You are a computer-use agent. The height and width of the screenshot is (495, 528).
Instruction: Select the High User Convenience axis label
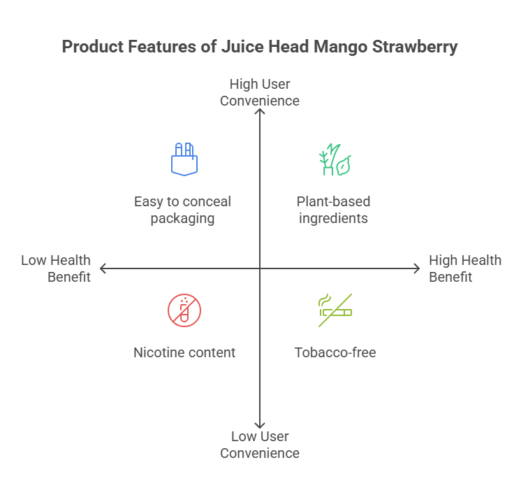(260, 92)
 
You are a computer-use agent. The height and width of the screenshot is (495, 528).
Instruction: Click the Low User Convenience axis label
(260, 445)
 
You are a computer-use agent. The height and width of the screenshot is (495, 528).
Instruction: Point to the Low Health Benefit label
(56, 268)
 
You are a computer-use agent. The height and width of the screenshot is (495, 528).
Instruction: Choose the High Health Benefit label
(465, 268)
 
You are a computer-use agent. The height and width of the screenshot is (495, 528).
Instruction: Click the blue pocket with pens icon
(184, 159)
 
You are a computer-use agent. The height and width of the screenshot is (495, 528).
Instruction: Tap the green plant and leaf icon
(335, 160)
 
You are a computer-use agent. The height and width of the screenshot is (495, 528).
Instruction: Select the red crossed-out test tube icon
(184, 310)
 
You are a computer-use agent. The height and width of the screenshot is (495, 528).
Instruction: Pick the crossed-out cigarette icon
(335, 310)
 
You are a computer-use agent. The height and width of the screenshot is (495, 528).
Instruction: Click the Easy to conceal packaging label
(183, 210)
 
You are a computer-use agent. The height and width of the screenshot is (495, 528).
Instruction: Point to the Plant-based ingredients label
(334, 210)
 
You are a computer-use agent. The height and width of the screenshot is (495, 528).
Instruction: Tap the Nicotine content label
(184, 352)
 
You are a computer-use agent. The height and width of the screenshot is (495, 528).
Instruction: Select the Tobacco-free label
(335, 352)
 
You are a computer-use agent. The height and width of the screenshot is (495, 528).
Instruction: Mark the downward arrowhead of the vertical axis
(260, 426)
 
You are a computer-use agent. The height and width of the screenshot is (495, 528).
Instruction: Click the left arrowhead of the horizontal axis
(102, 268)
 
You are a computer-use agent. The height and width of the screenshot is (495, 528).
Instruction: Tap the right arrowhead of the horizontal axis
(418, 268)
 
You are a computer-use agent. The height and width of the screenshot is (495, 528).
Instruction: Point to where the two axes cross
(260, 268)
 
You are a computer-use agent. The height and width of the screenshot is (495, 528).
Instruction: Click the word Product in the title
(89, 48)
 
